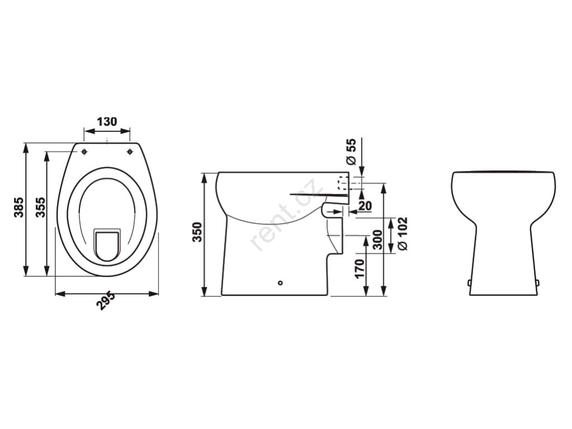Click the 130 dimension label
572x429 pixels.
[107, 121]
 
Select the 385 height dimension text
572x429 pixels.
[18, 207]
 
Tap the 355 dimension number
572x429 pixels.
[40, 207]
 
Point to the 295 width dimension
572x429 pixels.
[106, 301]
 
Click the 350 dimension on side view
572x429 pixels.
[197, 232]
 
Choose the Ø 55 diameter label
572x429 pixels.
[351, 152]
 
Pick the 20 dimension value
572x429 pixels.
[365, 206]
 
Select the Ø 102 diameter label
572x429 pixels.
[403, 234]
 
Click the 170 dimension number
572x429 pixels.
[360, 269]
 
